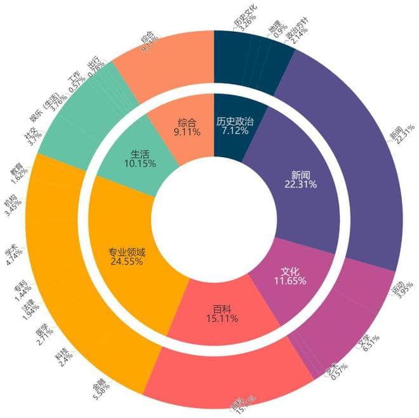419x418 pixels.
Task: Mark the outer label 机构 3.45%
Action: [11, 203]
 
